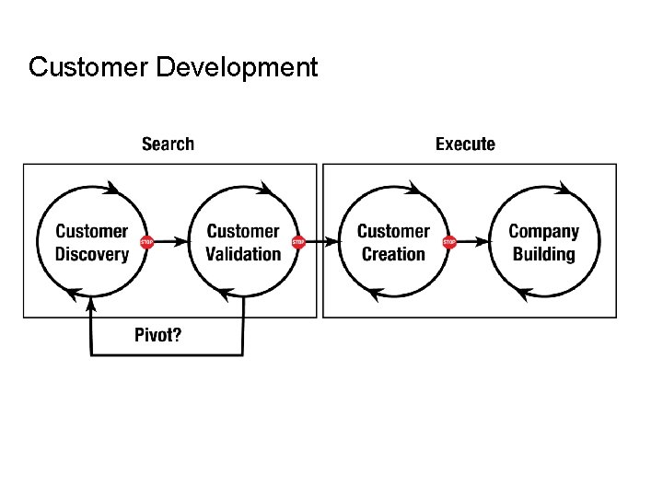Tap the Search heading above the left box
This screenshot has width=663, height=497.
click(168, 144)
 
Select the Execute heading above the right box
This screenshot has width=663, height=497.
click(465, 144)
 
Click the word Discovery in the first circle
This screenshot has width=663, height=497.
click(91, 254)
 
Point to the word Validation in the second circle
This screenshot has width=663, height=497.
click(243, 254)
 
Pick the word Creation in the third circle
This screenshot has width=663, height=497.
click(393, 254)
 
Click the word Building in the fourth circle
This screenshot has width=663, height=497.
click(543, 254)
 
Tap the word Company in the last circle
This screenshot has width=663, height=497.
click(543, 231)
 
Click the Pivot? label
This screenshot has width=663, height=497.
click(158, 334)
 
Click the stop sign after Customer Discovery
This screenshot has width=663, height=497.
click(146, 242)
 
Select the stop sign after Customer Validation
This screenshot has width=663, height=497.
click(297, 242)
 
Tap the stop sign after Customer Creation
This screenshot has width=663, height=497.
click(449, 242)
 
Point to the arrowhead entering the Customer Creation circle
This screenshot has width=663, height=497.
click(333, 242)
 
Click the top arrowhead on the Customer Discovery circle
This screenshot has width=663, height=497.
click(112, 189)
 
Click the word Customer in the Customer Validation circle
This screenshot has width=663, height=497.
click(243, 231)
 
